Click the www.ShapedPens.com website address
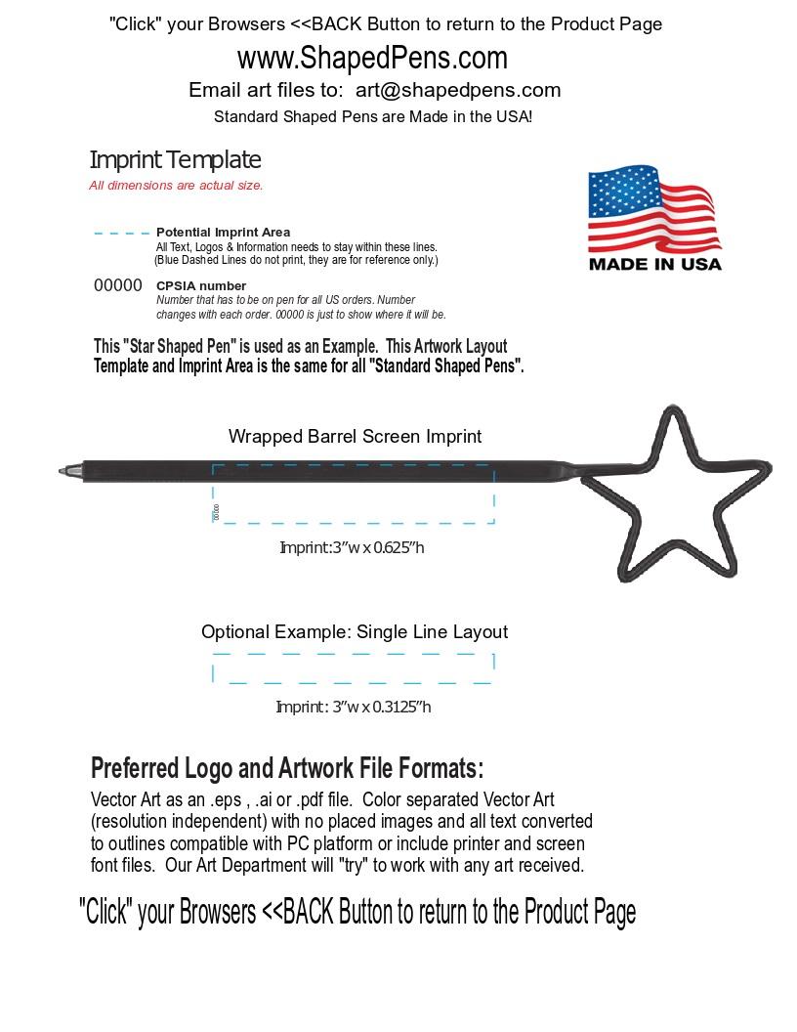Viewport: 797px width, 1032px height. [x=372, y=59]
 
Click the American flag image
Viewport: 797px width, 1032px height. [x=652, y=209]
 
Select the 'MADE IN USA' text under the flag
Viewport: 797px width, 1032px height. [x=654, y=264]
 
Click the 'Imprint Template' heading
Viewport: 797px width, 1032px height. [x=175, y=160]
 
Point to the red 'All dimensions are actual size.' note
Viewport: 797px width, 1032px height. [x=176, y=186]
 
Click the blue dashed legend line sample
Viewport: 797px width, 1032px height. [x=122, y=234]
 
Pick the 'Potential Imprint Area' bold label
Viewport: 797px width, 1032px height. [x=223, y=233]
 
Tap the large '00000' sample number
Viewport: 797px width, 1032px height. [x=118, y=285]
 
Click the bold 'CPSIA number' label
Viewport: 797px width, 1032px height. [x=201, y=286]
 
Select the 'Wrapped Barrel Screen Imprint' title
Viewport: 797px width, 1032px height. [x=355, y=437]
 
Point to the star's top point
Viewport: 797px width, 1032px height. [x=672, y=411]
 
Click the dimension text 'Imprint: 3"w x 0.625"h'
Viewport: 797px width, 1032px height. [x=352, y=547]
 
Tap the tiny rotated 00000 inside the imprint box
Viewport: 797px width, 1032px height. [x=216, y=511]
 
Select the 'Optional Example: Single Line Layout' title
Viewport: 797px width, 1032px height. [x=355, y=632]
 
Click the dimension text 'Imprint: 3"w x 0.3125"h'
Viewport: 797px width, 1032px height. [x=353, y=707]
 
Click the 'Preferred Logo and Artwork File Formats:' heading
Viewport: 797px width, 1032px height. [x=287, y=768]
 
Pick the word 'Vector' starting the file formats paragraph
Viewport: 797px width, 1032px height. [x=113, y=799]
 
